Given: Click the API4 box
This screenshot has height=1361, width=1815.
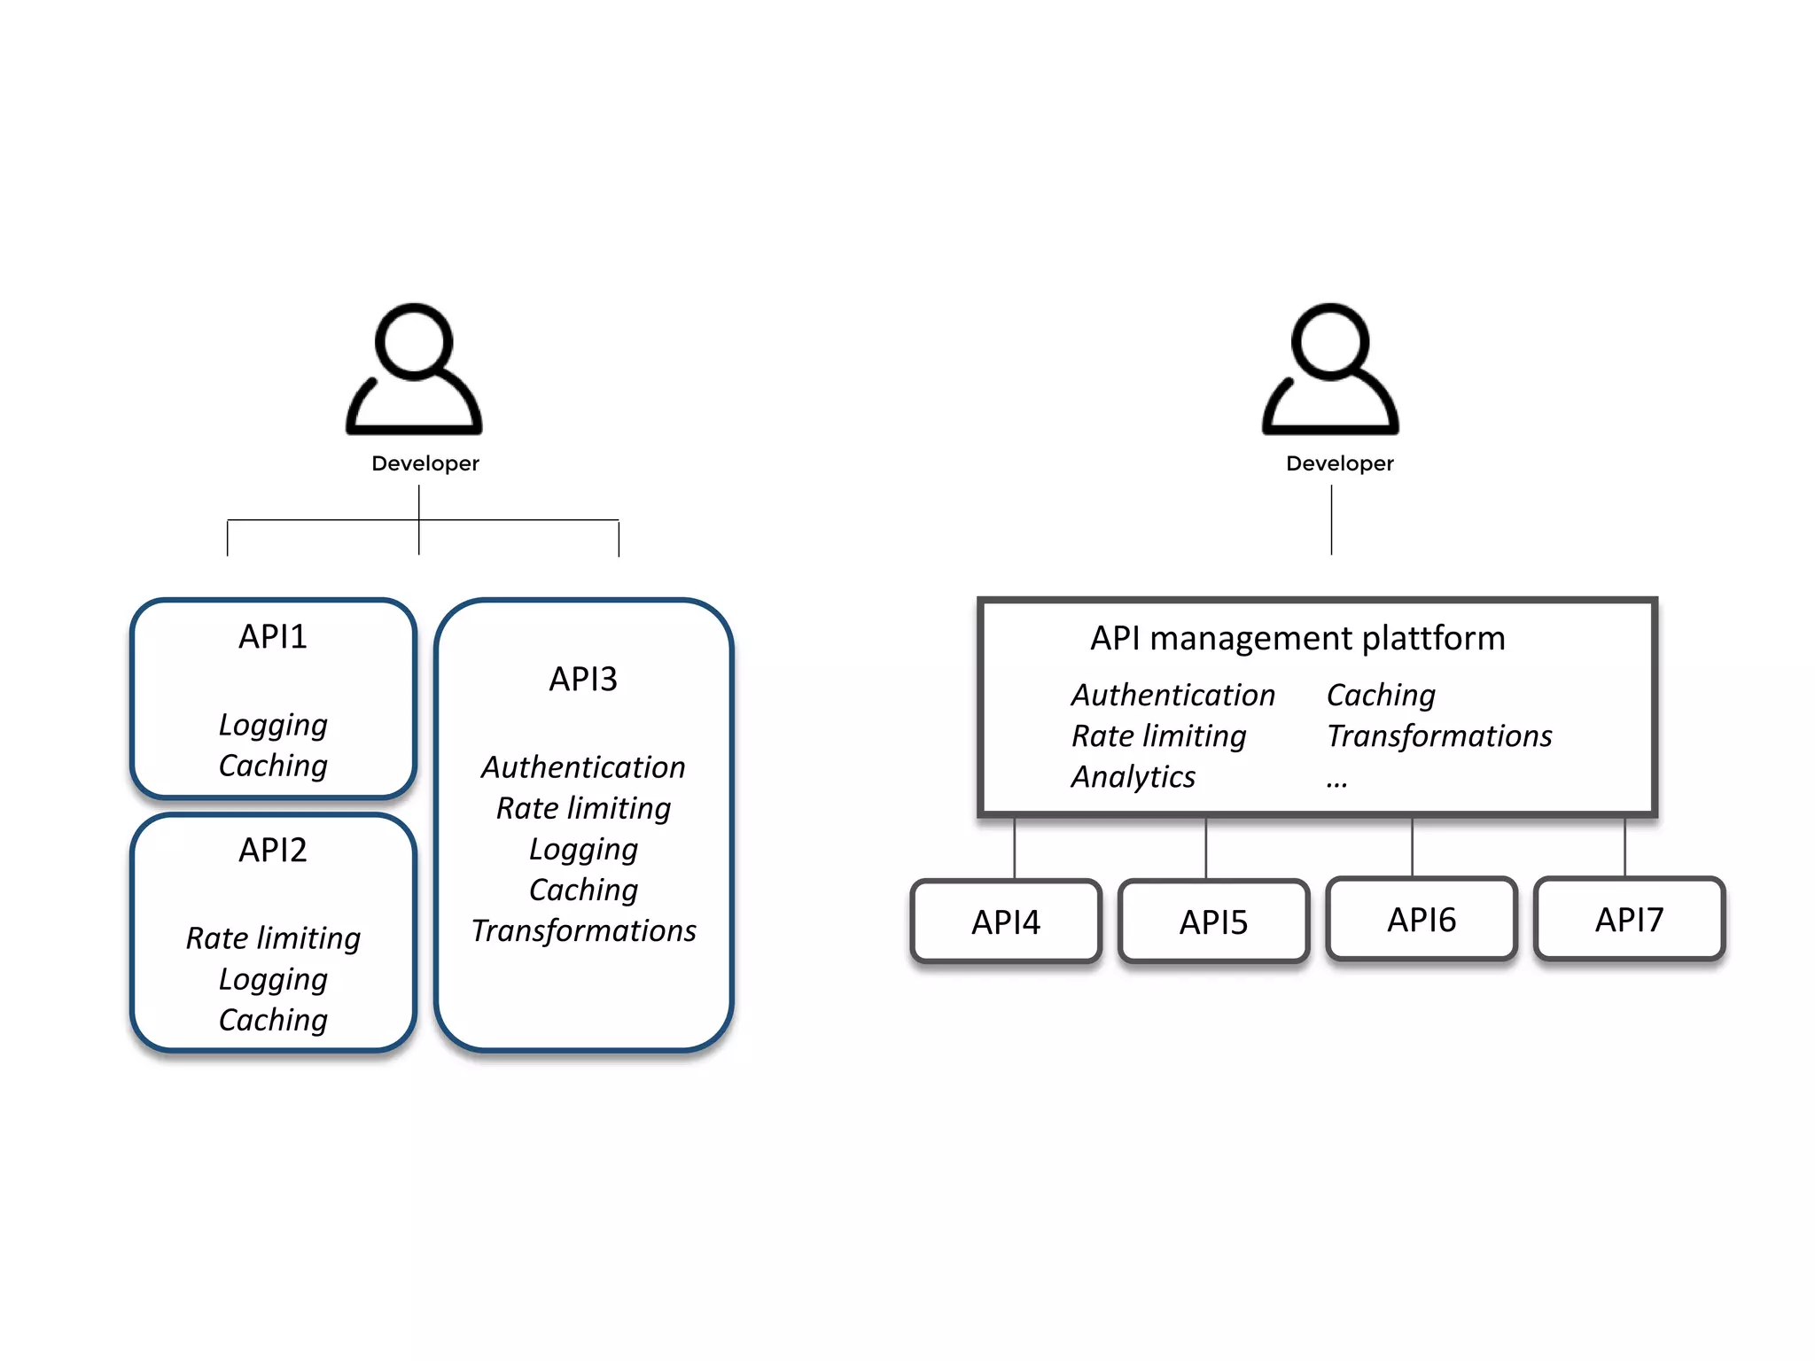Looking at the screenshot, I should (x=1006, y=922).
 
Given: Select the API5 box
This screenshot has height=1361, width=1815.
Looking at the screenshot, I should (x=1213, y=922).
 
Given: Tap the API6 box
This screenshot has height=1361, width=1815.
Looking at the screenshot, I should (x=1422, y=920).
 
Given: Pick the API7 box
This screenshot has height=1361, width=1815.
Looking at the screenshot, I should (x=1629, y=920).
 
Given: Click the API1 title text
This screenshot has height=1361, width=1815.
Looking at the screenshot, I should (x=273, y=637).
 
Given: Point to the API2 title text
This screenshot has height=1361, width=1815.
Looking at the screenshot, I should (x=273, y=851).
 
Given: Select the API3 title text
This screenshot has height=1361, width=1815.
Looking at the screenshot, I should (x=583, y=680).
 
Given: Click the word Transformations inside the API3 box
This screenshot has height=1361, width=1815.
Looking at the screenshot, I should (x=583, y=931).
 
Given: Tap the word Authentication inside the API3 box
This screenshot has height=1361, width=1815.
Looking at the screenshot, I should (x=583, y=767).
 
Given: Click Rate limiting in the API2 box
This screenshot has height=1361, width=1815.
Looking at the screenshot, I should (x=273, y=938).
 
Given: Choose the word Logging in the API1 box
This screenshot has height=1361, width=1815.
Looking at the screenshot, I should (x=273, y=725).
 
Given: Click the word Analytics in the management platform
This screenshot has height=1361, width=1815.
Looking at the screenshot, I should (x=1133, y=777).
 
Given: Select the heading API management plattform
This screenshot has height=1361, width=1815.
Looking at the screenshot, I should (x=1297, y=639).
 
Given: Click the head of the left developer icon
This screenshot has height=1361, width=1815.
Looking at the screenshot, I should (x=414, y=342).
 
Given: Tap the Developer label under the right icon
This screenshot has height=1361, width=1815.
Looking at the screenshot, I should (x=1339, y=463).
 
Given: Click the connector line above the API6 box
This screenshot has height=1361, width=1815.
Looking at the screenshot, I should (x=1412, y=847).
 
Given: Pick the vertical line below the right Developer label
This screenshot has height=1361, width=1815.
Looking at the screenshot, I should (x=1331, y=520).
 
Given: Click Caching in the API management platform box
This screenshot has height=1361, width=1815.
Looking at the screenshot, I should (x=1381, y=696).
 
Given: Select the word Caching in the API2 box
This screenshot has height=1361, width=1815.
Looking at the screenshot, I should (x=273, y=1020).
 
